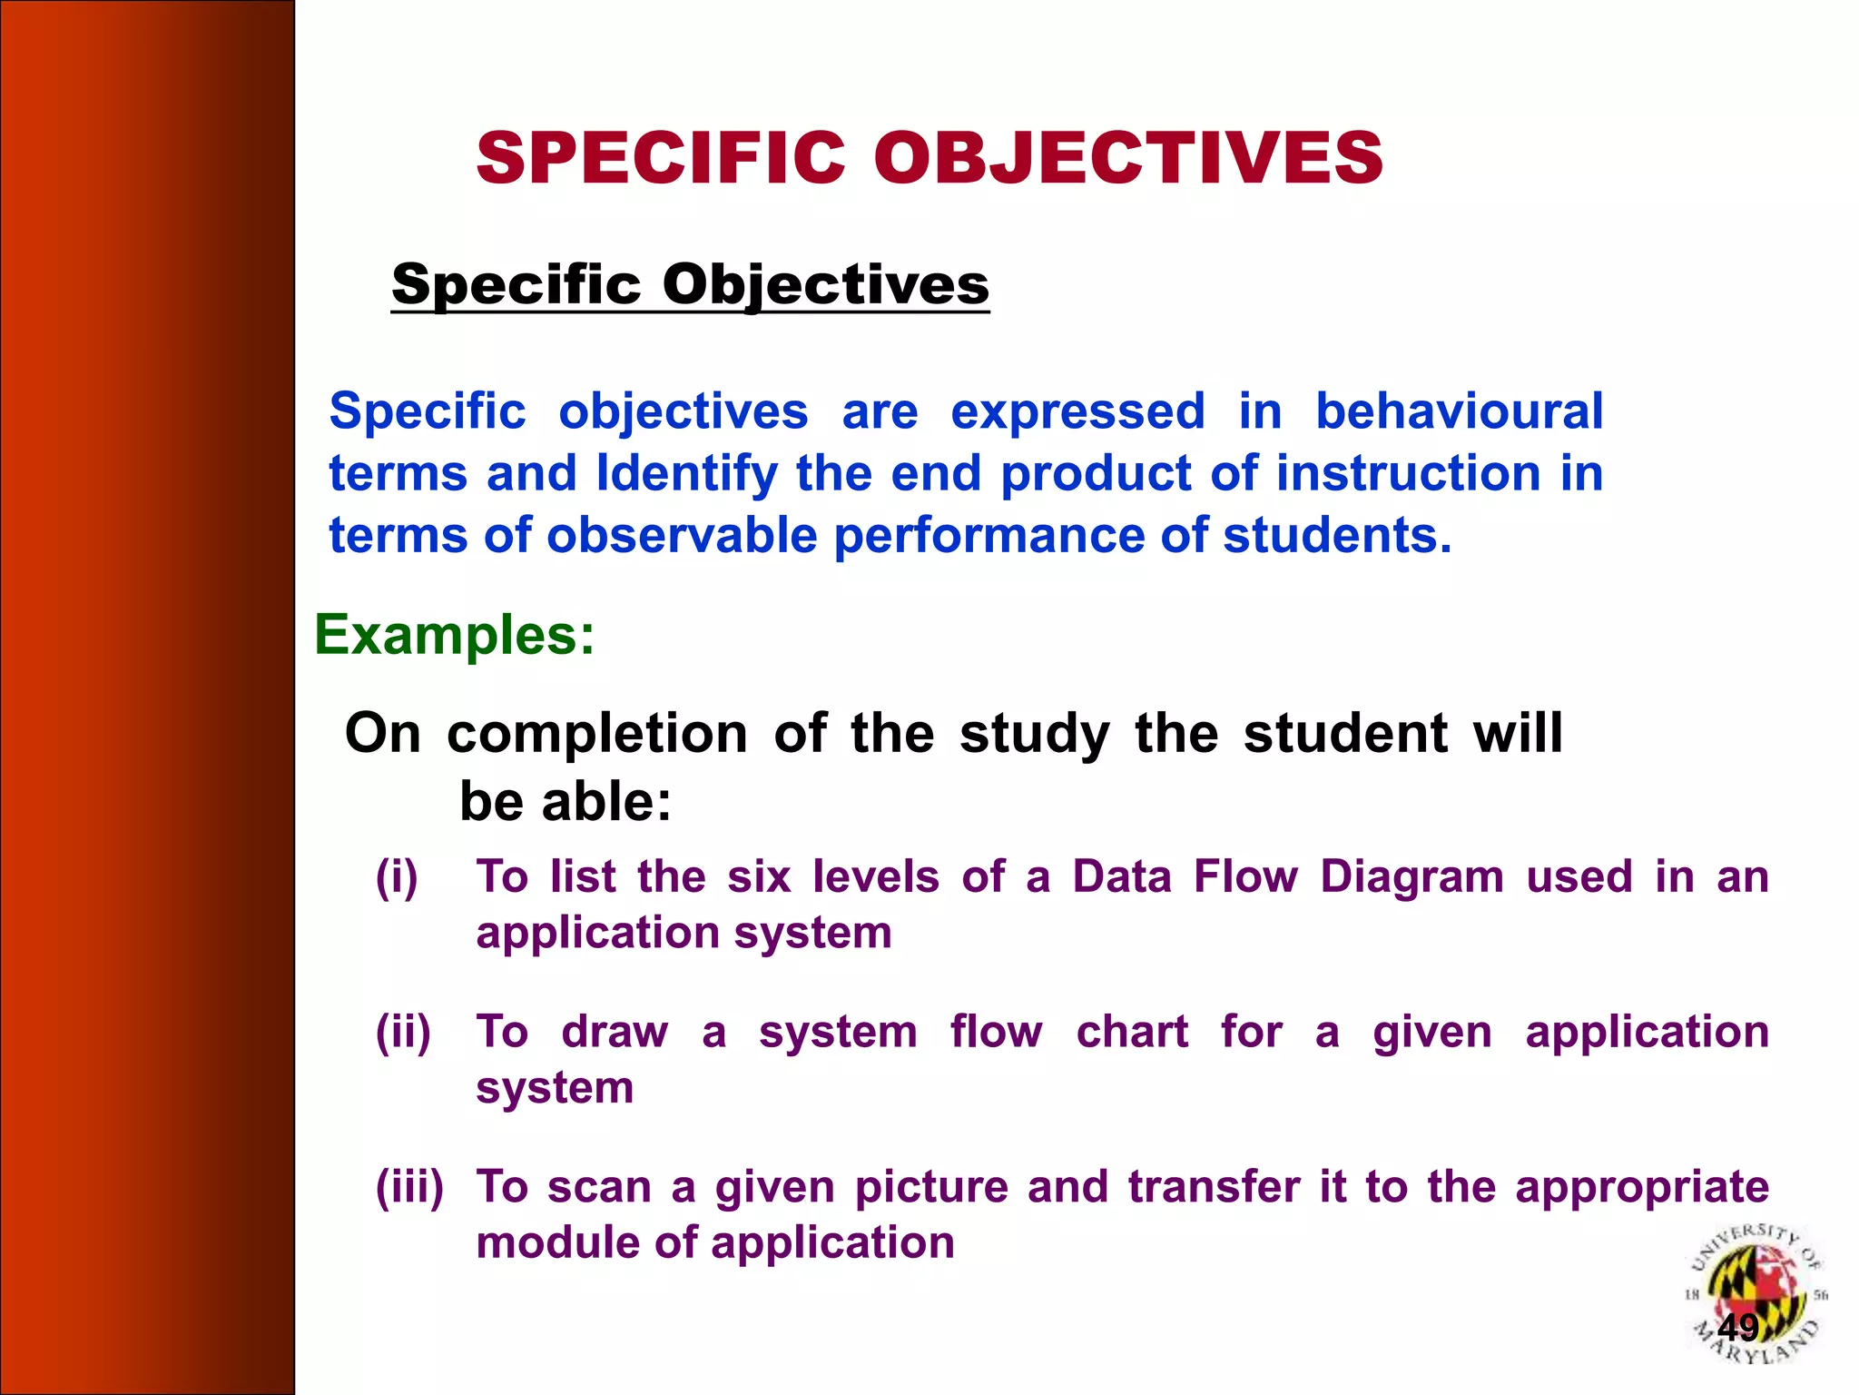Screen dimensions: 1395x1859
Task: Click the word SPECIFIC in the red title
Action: click(661, 158)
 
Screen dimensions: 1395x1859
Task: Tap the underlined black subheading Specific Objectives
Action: click(690, 284)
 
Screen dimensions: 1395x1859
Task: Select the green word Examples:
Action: click(454, 634)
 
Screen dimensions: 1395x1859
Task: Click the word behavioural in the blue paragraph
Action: click(1459, 411)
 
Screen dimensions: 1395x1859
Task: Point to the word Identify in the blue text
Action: click(687, 473)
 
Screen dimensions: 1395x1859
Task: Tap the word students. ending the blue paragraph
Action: click(1337, 535)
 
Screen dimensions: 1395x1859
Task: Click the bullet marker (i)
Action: click(397, 877)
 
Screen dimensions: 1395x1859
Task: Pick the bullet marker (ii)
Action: click(403, 1032)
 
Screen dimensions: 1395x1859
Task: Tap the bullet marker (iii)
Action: click(409, 1186)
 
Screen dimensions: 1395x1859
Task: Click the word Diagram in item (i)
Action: click(1411, 877)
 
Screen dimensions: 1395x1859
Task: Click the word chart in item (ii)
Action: click(1131, 1032)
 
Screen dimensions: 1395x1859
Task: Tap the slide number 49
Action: click(1737, 1328)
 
